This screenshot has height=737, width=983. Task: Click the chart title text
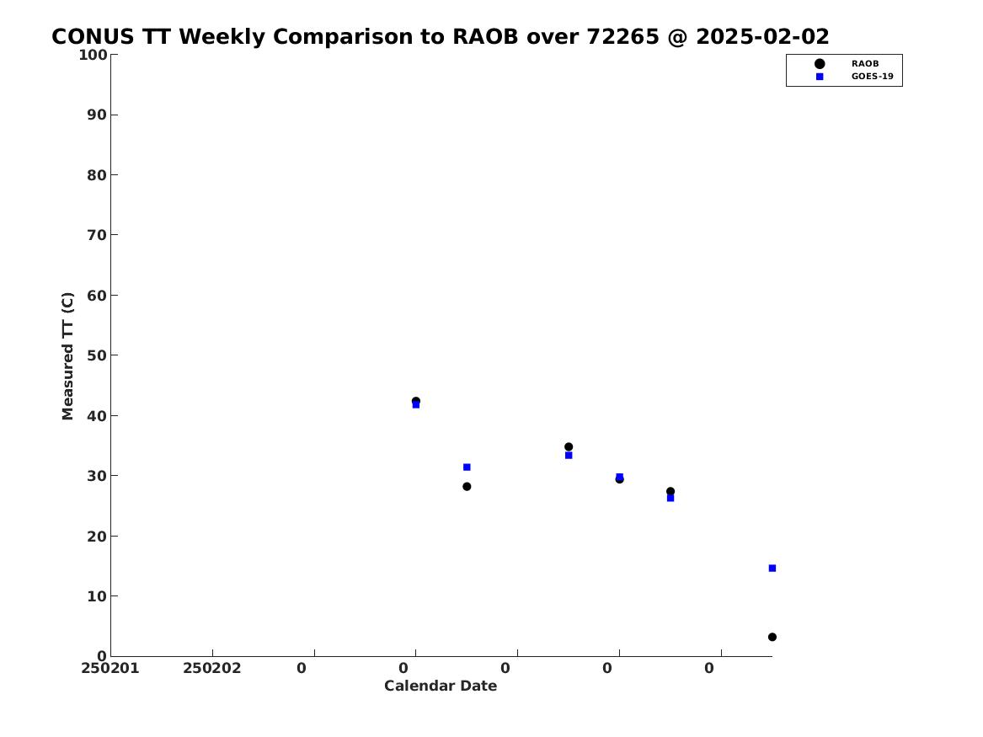point(440,37)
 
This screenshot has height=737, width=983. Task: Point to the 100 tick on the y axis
point(93,55)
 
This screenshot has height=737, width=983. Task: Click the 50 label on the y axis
point(97,355)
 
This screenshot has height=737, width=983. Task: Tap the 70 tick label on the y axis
point(97,235)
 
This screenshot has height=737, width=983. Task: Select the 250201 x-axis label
point(110,669)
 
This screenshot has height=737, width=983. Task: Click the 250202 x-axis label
point(212,669)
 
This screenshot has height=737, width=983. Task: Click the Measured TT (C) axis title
point(67,356)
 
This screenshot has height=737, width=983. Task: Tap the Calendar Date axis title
point(441,686)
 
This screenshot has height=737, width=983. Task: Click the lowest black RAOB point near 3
point(772,638)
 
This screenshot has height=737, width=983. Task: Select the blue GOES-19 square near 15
point(772,569)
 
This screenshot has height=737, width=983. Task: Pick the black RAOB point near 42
point(415,401)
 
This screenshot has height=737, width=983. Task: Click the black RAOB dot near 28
point(467,487)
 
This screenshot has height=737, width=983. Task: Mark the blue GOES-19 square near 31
point(467,467)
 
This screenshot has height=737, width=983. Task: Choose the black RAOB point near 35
point(569,447)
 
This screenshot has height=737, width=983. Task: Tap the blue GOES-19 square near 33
point(569,456)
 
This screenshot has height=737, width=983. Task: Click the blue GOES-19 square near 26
point(670,499)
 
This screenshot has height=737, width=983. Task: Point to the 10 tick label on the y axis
point(97,596)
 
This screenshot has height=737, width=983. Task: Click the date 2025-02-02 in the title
point(762,37)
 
